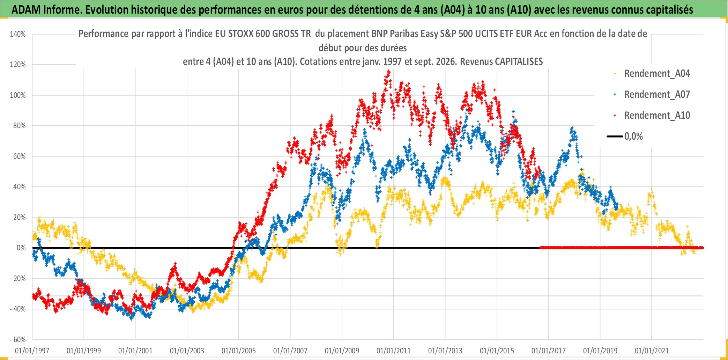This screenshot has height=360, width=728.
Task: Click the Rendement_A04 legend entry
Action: pyautogui.click(x=652, y=74)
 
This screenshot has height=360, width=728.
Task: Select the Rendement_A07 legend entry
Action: pyautogui.click(x=652, y=95)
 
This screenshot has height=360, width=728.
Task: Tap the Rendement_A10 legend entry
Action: pyautogui.click(x=652, y=116)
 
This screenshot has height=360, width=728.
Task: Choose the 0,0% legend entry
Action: pyautogui.click(x=625, y=136)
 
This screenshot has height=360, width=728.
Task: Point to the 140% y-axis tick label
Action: pyautogui.click(x=18, y=34)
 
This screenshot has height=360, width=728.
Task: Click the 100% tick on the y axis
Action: pyautogui.click(x=18, y=95)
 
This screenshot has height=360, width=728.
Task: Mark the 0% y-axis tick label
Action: pyautogui.click(x=21, y=248)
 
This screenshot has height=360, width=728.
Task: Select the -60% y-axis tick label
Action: pyautogui.click(x=17, y=339)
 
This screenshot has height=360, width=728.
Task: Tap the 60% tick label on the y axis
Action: pyautogui.click(x=20, y=156)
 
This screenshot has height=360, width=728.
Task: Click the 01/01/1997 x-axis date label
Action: pyautogui.click(x=32, y=351)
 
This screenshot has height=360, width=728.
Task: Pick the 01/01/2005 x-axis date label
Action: pyautogui.click(x=239, y=351)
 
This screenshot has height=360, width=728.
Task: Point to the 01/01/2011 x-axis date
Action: pyautogui.click(x=394, y=351)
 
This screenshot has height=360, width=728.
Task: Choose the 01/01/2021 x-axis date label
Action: pyautogui.click(x=652, y=351)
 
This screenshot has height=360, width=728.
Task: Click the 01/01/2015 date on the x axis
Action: pyautogui.click(x=497, y=351)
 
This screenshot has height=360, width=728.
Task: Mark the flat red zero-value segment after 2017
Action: pyautogui.click(x=621, y=248)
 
